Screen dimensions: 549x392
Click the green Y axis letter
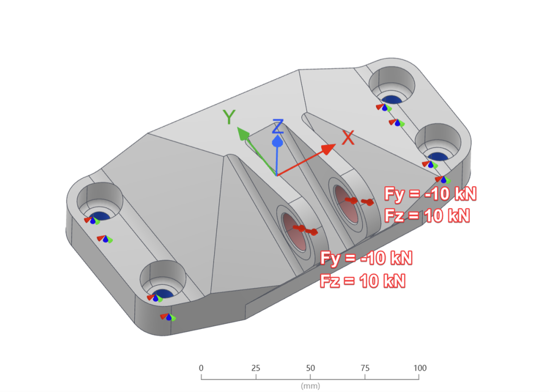pyautogui.click(x=229, y=117)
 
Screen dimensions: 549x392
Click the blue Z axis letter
pyautogui.click(x=278, y=126)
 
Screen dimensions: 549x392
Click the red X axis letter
pyautogui.click(x=348, y=138)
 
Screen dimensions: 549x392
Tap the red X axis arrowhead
pyautogui.click(x=328, y=149)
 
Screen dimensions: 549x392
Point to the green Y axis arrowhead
pyautogui.click(x=242, y=134)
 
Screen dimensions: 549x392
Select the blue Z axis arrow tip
pyautogui.click(x=278, y=141)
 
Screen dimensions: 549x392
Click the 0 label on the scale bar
pyautogui.click(x=201, y=368)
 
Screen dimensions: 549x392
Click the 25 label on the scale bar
pyautogui.click(x=256, y=368)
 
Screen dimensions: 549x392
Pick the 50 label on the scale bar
pyautogui.click(x=310, y=368)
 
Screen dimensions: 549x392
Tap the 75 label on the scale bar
pyautogui.click(x=365, y=368)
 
